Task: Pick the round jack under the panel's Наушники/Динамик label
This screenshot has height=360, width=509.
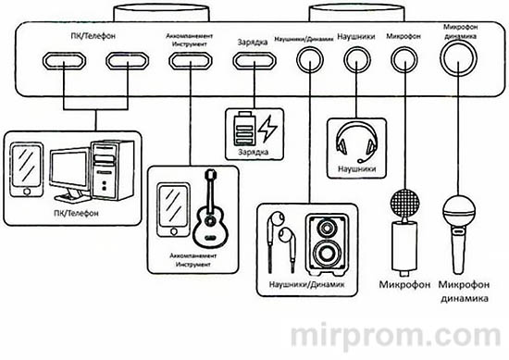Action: tap(307, 60)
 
